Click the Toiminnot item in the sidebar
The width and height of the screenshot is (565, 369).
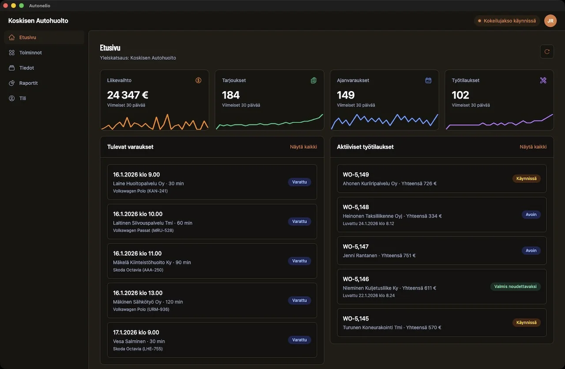30,53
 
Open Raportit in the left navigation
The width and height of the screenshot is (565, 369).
28,83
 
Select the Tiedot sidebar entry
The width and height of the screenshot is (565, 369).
26,68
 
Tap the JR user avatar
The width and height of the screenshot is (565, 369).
550,21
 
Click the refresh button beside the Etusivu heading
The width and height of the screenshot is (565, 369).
547,52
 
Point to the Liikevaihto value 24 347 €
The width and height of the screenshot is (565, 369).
128,95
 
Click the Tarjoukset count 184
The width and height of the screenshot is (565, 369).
231,95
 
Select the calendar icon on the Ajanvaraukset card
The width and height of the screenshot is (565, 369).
428,80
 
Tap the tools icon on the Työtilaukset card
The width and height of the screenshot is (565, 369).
543,80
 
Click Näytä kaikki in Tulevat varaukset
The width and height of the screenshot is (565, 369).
303,147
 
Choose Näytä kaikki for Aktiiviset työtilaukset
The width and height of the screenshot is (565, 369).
533,147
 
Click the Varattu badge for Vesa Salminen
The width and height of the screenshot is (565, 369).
299,340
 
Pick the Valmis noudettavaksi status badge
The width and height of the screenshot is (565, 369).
515,286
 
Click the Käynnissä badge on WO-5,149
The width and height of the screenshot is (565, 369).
526,179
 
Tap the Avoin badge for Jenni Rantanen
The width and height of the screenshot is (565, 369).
531,251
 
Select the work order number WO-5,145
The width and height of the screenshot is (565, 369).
355,319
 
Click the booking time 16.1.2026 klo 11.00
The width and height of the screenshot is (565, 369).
137,254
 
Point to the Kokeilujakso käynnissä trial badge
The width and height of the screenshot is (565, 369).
507,21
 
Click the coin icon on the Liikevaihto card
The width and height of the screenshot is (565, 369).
199,80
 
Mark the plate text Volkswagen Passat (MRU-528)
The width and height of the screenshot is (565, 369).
143,230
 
